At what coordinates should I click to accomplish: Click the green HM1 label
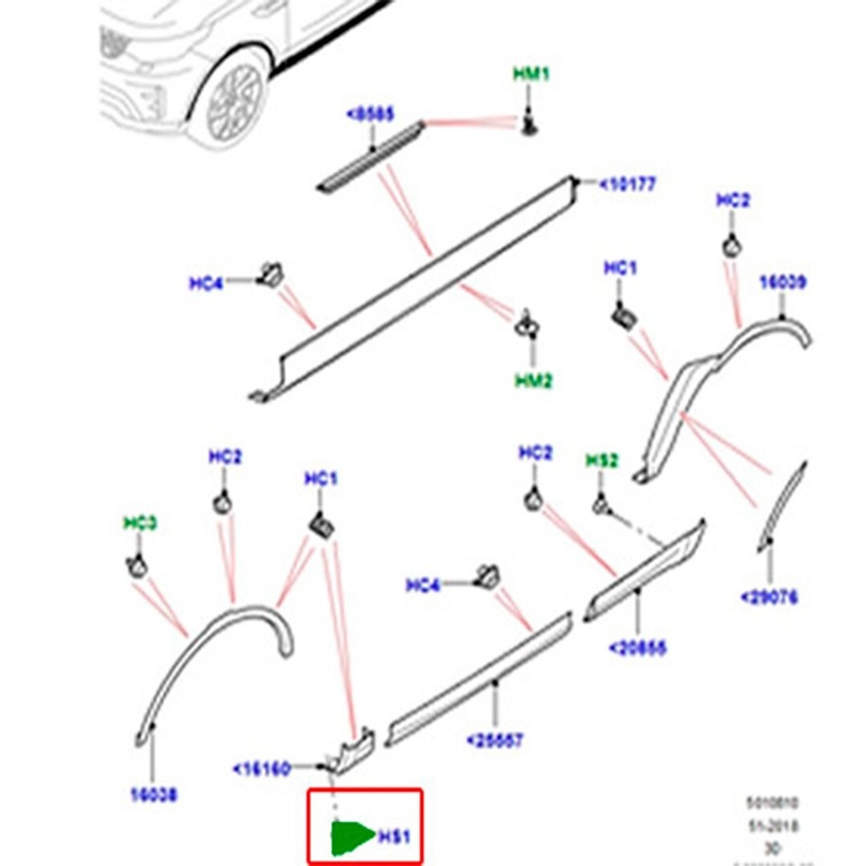[x=530, y=74]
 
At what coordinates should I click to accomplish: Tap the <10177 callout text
[x=628, y=185]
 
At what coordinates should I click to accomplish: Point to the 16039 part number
[x=782, y=282]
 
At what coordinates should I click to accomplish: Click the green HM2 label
[x=533, y=381]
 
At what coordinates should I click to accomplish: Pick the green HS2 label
[x=602, y=461]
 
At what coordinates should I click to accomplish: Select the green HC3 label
[x=140, y=523]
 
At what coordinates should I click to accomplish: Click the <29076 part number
[x=769, y=597]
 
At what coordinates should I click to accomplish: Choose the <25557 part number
[x=494, y=741]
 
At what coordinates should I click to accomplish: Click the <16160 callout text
[x=261, y=769]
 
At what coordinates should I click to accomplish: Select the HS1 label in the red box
[x=393, y=836]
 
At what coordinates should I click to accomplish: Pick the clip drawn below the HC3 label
[x=136, y=567]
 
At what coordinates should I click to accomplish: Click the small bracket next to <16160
[x=353, y=748]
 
